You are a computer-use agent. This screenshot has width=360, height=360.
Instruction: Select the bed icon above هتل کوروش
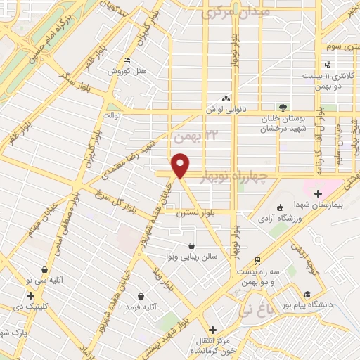tap(126, 61)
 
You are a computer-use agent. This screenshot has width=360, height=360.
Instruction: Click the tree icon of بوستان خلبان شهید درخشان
tap(282, 108)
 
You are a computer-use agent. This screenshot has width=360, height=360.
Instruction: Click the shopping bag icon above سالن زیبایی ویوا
tap(192, 245)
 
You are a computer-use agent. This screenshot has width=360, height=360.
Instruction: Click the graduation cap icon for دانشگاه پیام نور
tap(307, 295)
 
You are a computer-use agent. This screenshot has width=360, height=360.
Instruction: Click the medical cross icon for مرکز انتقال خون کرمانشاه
tap(212, 330)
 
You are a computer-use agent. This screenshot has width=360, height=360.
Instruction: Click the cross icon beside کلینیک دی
tap(30, 296)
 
